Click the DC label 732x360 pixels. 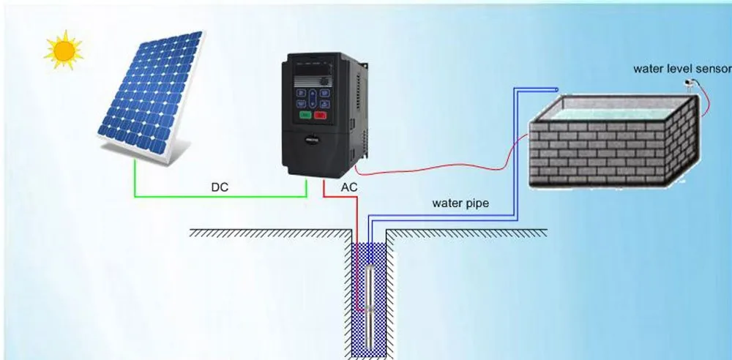tap(220, 187)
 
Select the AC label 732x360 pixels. tap(349, 187)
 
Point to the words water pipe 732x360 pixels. tap(460, 203)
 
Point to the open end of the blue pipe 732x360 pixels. tap(556, 90)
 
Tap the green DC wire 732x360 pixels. tap(220, 197)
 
